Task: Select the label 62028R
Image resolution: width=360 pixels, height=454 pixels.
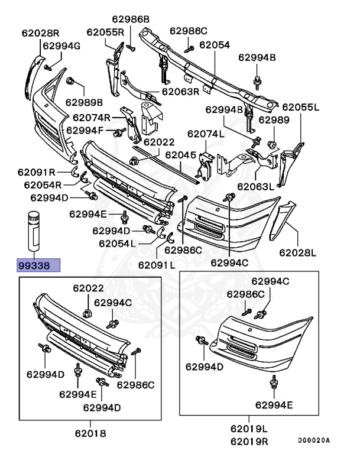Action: pos(41,33)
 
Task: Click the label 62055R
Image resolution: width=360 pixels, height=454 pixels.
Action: pos(105,32)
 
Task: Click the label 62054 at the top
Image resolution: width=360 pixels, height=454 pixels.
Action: pos(214,44)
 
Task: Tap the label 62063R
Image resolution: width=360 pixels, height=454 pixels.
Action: pos(180,92)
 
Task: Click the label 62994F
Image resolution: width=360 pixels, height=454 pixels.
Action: pos(86,130)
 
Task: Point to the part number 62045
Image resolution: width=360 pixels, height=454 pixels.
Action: pos(180,155)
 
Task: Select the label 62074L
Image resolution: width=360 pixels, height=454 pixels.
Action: pos(206,134)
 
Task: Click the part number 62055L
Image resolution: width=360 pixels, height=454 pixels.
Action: pos(300,107)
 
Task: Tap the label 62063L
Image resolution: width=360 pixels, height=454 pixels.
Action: pos(255,186)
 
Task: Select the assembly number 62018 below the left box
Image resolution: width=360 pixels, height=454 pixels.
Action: pos(90,433)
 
